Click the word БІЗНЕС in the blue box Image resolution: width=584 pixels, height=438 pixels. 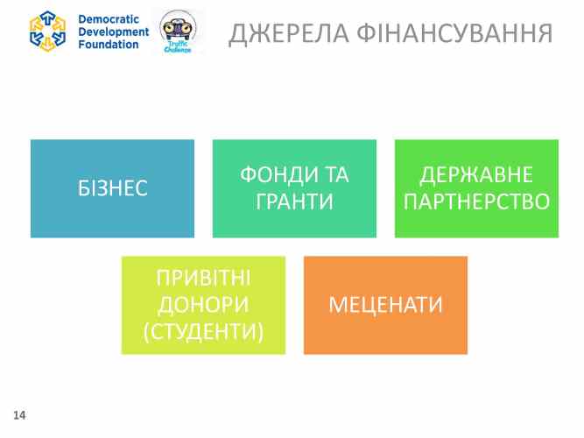pos(112,188)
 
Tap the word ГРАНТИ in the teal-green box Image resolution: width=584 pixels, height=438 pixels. pos(294,202)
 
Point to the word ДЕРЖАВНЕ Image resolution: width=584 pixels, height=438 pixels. pos(476,175)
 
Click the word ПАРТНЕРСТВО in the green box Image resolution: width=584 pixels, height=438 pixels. pos(476,202)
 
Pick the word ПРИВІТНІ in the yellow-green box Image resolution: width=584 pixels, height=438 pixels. pos(203,279)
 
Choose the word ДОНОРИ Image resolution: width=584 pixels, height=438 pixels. pos(203,306)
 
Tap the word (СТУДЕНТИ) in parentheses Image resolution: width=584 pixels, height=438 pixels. pos(203,332)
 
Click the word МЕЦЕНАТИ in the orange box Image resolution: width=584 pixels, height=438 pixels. pos(385,306)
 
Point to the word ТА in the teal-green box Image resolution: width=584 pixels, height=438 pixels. pos(335,175)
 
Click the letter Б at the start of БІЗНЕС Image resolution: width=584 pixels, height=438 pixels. pos(83,188)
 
